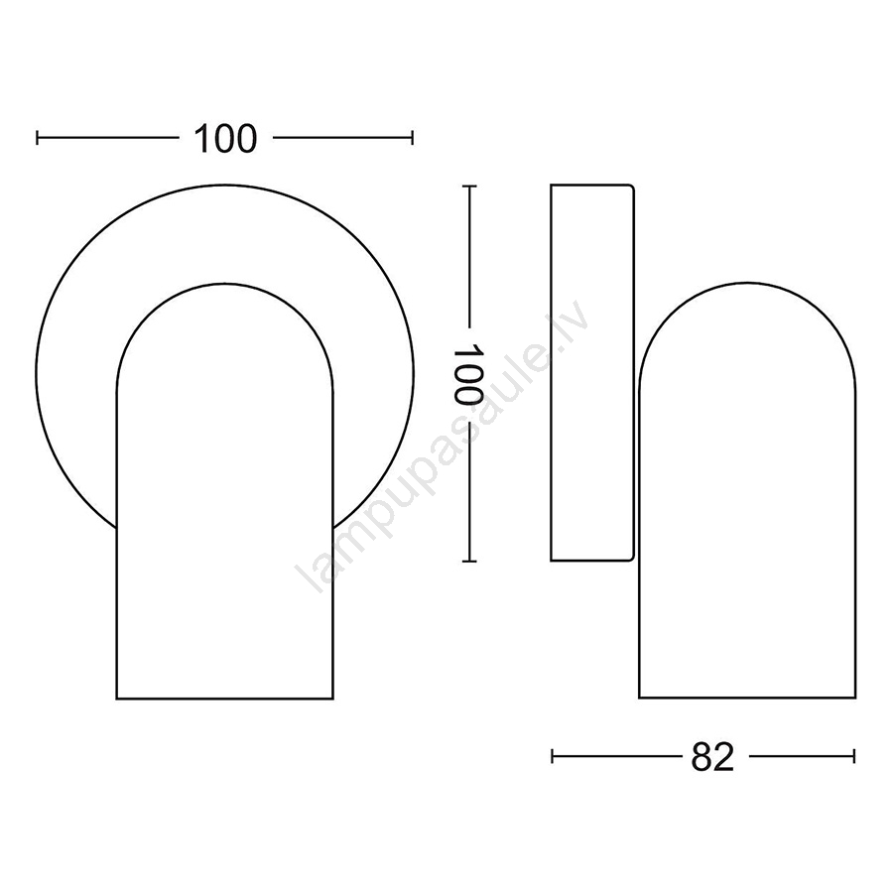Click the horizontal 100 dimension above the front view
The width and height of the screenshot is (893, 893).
[x=225, y=138]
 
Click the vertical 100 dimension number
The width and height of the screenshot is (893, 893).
[x=468, y=374]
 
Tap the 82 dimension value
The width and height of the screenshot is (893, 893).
[x=712, y=757]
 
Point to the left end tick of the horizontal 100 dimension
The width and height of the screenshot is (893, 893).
[x=38, y=138]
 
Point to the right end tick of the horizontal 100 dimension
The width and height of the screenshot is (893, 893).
[x=412, y=138]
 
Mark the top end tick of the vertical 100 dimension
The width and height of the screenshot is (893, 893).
[x=468, y=187]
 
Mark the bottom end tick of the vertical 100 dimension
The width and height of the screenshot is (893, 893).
[x=468, y=562]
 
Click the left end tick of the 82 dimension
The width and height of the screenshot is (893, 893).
[x=553, y=756]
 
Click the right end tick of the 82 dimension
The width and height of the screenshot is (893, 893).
[x=853, y=756]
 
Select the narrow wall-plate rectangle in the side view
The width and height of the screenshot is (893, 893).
[x=592, y=372]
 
